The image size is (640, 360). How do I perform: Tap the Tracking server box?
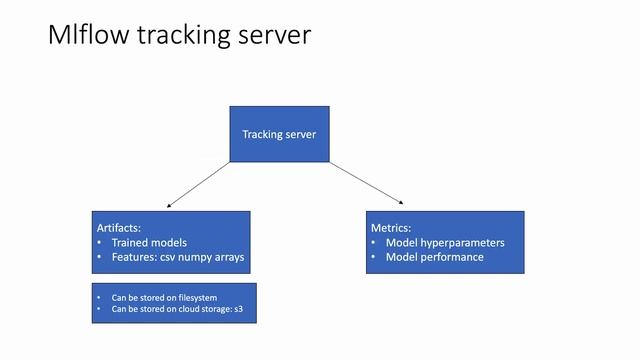(279, 134)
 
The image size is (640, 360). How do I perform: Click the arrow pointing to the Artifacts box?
(200, 184)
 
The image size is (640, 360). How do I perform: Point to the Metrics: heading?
(391, 228)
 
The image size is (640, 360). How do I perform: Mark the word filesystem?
(197, 298)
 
